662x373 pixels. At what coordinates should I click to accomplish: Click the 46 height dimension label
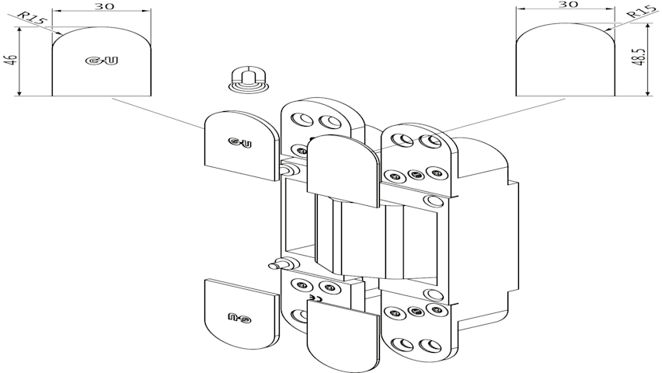click(x=10, y=60)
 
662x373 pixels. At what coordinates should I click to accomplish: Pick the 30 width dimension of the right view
click(x=566, y=5)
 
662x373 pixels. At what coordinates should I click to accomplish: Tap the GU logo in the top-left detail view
click(x=99, y=60)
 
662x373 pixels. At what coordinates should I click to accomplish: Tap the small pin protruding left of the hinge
click(x=276, y=265)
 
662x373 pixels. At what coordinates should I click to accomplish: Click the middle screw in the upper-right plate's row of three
click(x=416, y=174)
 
